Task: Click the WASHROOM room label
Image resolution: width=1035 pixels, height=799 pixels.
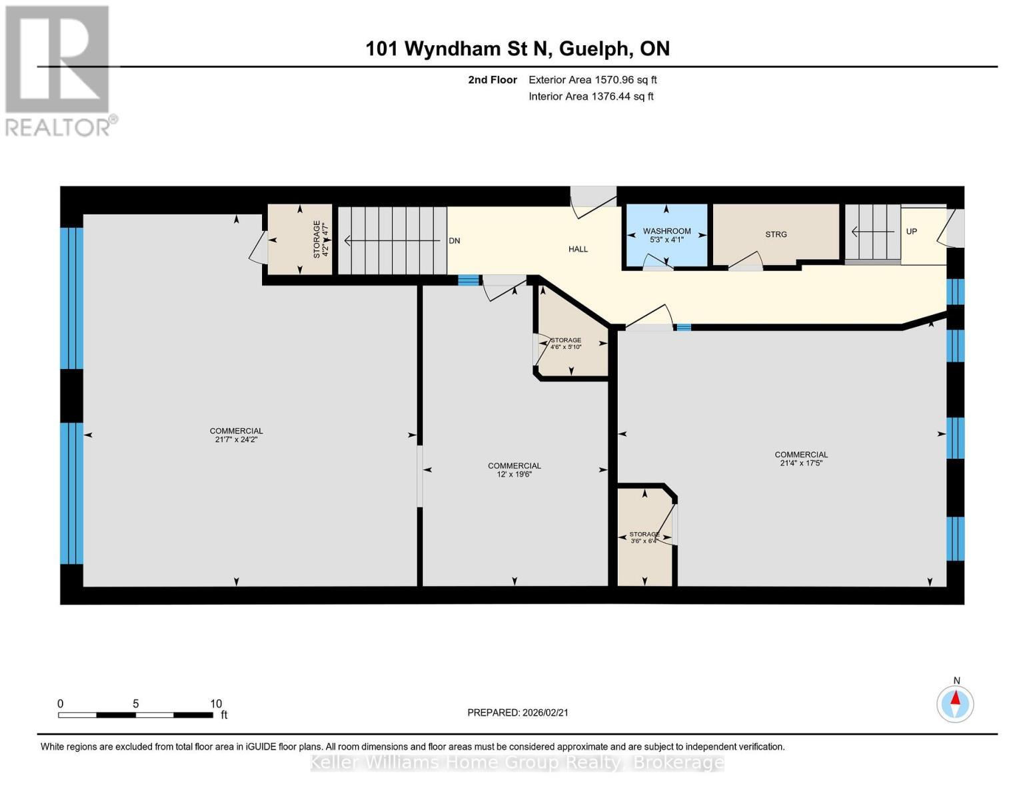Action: (666, 231)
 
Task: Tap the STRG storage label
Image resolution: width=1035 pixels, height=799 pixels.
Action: (776, 234)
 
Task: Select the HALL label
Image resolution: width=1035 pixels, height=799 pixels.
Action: (578, 249)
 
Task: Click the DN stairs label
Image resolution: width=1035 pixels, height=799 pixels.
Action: (454, 241)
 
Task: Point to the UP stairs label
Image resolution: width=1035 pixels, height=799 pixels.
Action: (911, 232)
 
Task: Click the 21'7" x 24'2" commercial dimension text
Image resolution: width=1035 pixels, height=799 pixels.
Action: (236, 439)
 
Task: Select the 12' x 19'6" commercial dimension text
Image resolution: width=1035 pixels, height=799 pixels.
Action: (514, 475)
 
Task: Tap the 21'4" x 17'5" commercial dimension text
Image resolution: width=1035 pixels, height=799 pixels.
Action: (800, 463)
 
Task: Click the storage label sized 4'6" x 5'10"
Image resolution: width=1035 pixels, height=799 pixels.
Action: (566, 344)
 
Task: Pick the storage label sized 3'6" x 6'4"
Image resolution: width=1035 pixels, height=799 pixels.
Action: (644, 537)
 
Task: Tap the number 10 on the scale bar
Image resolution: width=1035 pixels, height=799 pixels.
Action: (215, 704)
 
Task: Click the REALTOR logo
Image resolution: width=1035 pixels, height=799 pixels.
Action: (59, 70)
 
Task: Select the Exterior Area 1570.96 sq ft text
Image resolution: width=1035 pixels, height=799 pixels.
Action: (592, 80)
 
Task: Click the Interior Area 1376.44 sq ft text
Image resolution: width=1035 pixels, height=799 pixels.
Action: (590, 97)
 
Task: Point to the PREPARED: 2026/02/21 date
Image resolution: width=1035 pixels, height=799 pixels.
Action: (517, 712)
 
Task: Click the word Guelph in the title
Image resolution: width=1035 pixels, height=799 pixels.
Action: (594, 49)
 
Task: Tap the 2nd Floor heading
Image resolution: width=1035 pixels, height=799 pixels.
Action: (492, 80)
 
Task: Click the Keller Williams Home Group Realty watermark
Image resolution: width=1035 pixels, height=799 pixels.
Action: (517, 762)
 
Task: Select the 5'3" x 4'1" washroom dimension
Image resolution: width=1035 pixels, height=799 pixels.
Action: (666, 240)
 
